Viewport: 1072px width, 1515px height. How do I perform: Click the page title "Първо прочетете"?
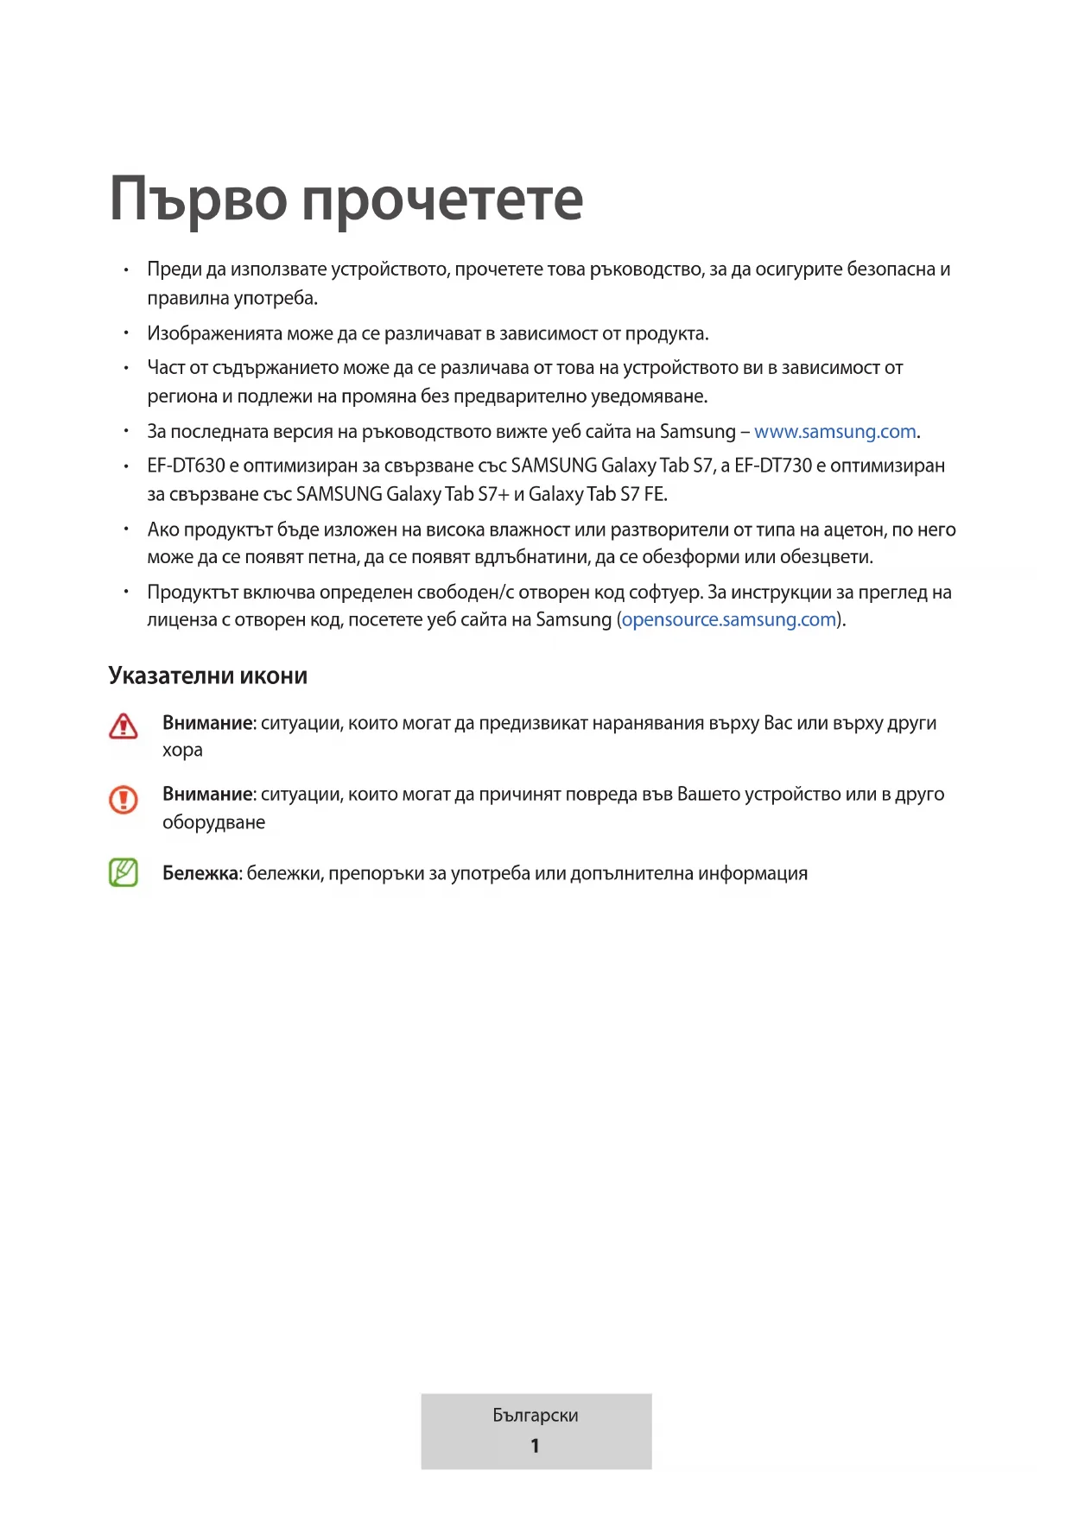(x=346, y=200)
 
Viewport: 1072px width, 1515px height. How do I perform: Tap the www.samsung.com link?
(x=834, y=431)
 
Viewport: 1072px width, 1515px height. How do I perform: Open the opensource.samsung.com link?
(x=729, y=619)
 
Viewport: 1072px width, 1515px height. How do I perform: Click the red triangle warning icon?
(x=124, y=726)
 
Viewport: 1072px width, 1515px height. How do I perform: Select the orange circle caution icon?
(x=124, y=799)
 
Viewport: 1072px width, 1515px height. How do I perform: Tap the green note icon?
(x=124, y=872)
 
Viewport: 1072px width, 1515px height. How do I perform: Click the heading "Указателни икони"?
(x=207, y=675)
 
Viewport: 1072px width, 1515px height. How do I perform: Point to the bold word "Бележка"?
(x=200, y=873)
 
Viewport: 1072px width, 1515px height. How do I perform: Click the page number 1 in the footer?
(x=536, y=1445)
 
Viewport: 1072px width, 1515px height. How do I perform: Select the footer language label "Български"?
(x=536, y=1415)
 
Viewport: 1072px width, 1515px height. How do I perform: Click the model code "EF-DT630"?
(x=186, y=466)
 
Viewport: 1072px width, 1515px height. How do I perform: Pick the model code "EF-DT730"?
(x=773, y=466)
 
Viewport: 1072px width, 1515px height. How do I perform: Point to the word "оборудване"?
(x=213, y=822)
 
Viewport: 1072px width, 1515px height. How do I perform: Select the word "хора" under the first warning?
(x=182, y=750)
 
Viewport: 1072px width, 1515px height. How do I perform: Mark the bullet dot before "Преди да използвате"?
(x=126, y=270)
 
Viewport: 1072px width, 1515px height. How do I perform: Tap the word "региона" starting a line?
(x=182, y=396)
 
